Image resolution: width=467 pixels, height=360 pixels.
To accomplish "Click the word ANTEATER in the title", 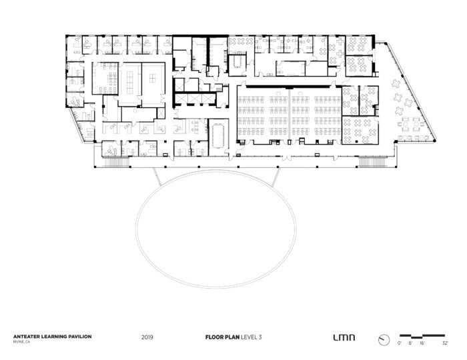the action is coord(26,337).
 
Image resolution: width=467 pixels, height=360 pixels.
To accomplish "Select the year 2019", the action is coord(147,337).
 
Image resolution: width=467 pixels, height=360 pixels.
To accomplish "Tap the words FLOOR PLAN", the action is coord(222,337).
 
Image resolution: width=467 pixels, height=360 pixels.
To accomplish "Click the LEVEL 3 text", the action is coord(251,337).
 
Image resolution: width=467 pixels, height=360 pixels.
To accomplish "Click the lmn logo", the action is coord(344,337).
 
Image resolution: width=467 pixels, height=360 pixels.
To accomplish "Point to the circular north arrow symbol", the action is coord(384,340).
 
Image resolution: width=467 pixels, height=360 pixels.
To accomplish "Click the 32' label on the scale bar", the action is coord(445,343).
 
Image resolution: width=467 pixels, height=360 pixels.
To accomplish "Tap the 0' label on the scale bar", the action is coord(400,343).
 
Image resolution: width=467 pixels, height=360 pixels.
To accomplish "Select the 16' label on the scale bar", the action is coord(422,343).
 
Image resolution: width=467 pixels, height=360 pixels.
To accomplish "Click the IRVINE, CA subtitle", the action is coord(21,342).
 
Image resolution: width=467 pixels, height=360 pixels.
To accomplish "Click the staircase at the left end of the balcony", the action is coord(116,162).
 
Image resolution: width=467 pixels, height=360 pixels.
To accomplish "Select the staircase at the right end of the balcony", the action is coord(372,162).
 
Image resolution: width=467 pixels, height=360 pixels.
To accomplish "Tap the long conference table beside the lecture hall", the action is coord(219,137).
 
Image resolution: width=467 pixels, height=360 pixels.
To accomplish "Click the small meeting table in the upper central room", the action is coord(238,61).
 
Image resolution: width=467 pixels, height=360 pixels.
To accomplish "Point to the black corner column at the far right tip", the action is coord(434,140).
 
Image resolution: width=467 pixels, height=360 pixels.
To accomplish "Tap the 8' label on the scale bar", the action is coord(410,343).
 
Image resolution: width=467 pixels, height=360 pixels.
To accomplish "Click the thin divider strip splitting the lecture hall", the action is coord(290,114).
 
